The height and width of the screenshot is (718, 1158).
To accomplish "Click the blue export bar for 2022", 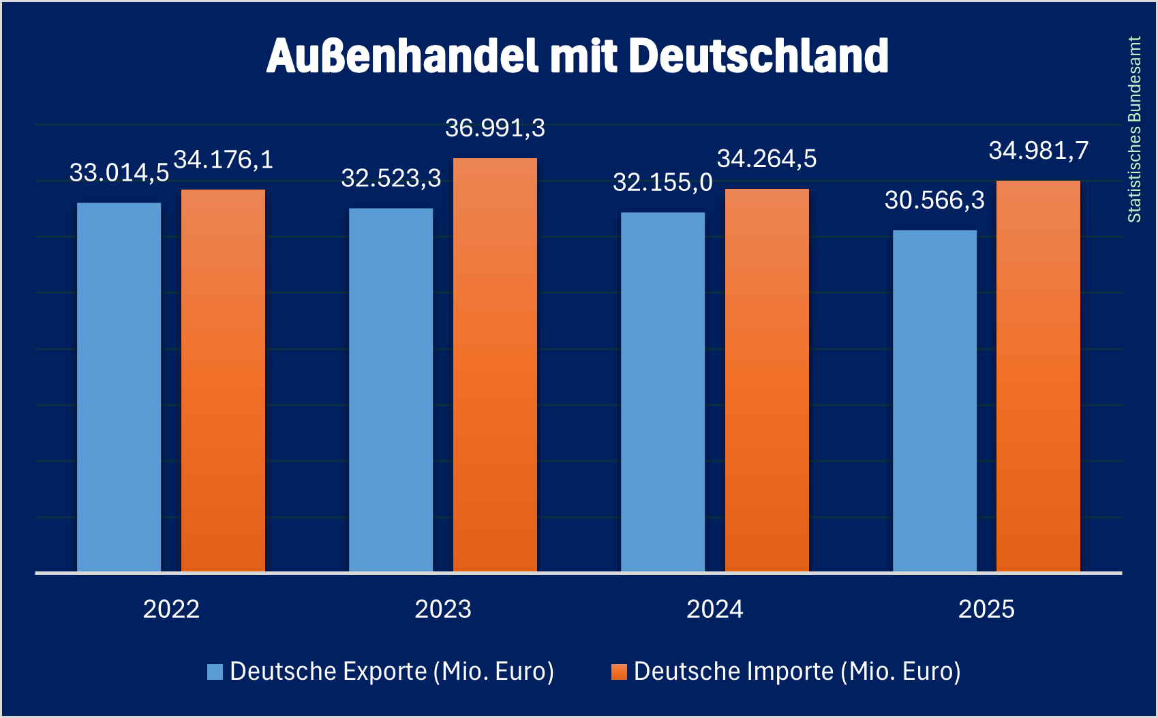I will pyautogui.click(x=119, y=387).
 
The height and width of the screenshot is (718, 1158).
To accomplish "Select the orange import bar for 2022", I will pyautogui.click(x=223, y=380).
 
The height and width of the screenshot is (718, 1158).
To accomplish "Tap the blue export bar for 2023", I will pyautogui.click(x=391, y=389).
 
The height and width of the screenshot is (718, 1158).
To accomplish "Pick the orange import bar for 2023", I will pyautogui.click(x=495, y=364).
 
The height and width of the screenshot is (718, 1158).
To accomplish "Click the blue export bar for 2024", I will pyautogui.click(x=662, y=391).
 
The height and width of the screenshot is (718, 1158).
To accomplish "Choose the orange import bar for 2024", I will pyautogui.click(x=767, y=380).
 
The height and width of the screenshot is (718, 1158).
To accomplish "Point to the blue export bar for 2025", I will pyautogui.click(x=934, y=400).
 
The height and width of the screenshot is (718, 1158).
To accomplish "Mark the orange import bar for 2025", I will pyautogui.click(x=1038, y=376).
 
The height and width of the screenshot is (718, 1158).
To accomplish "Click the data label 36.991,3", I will pyautogui.click(x=495, y=128).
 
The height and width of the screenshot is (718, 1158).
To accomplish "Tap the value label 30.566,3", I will pyautogui.click(x=934, y=200).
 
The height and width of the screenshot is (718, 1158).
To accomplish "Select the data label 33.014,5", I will pyautogui.click(x=119, y=173).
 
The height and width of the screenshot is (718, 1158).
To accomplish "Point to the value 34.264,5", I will pyautogui.click(x=767, y=159).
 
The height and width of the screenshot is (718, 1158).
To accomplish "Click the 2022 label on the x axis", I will pyautogui.click(x=171, y=609).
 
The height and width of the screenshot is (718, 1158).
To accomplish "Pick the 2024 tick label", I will pyautogui.click(x=714, y=609).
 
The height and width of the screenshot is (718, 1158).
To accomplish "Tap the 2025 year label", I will pyautogui.click(x=986, y=609).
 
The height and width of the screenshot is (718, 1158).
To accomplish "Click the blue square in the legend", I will pyautogui.click(x=215, y=672).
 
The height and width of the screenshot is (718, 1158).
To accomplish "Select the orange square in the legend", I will pyautogui.click(x=619, y=672).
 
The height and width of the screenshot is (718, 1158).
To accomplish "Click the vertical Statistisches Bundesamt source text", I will pyautogui.click(x=1134, y=130).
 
